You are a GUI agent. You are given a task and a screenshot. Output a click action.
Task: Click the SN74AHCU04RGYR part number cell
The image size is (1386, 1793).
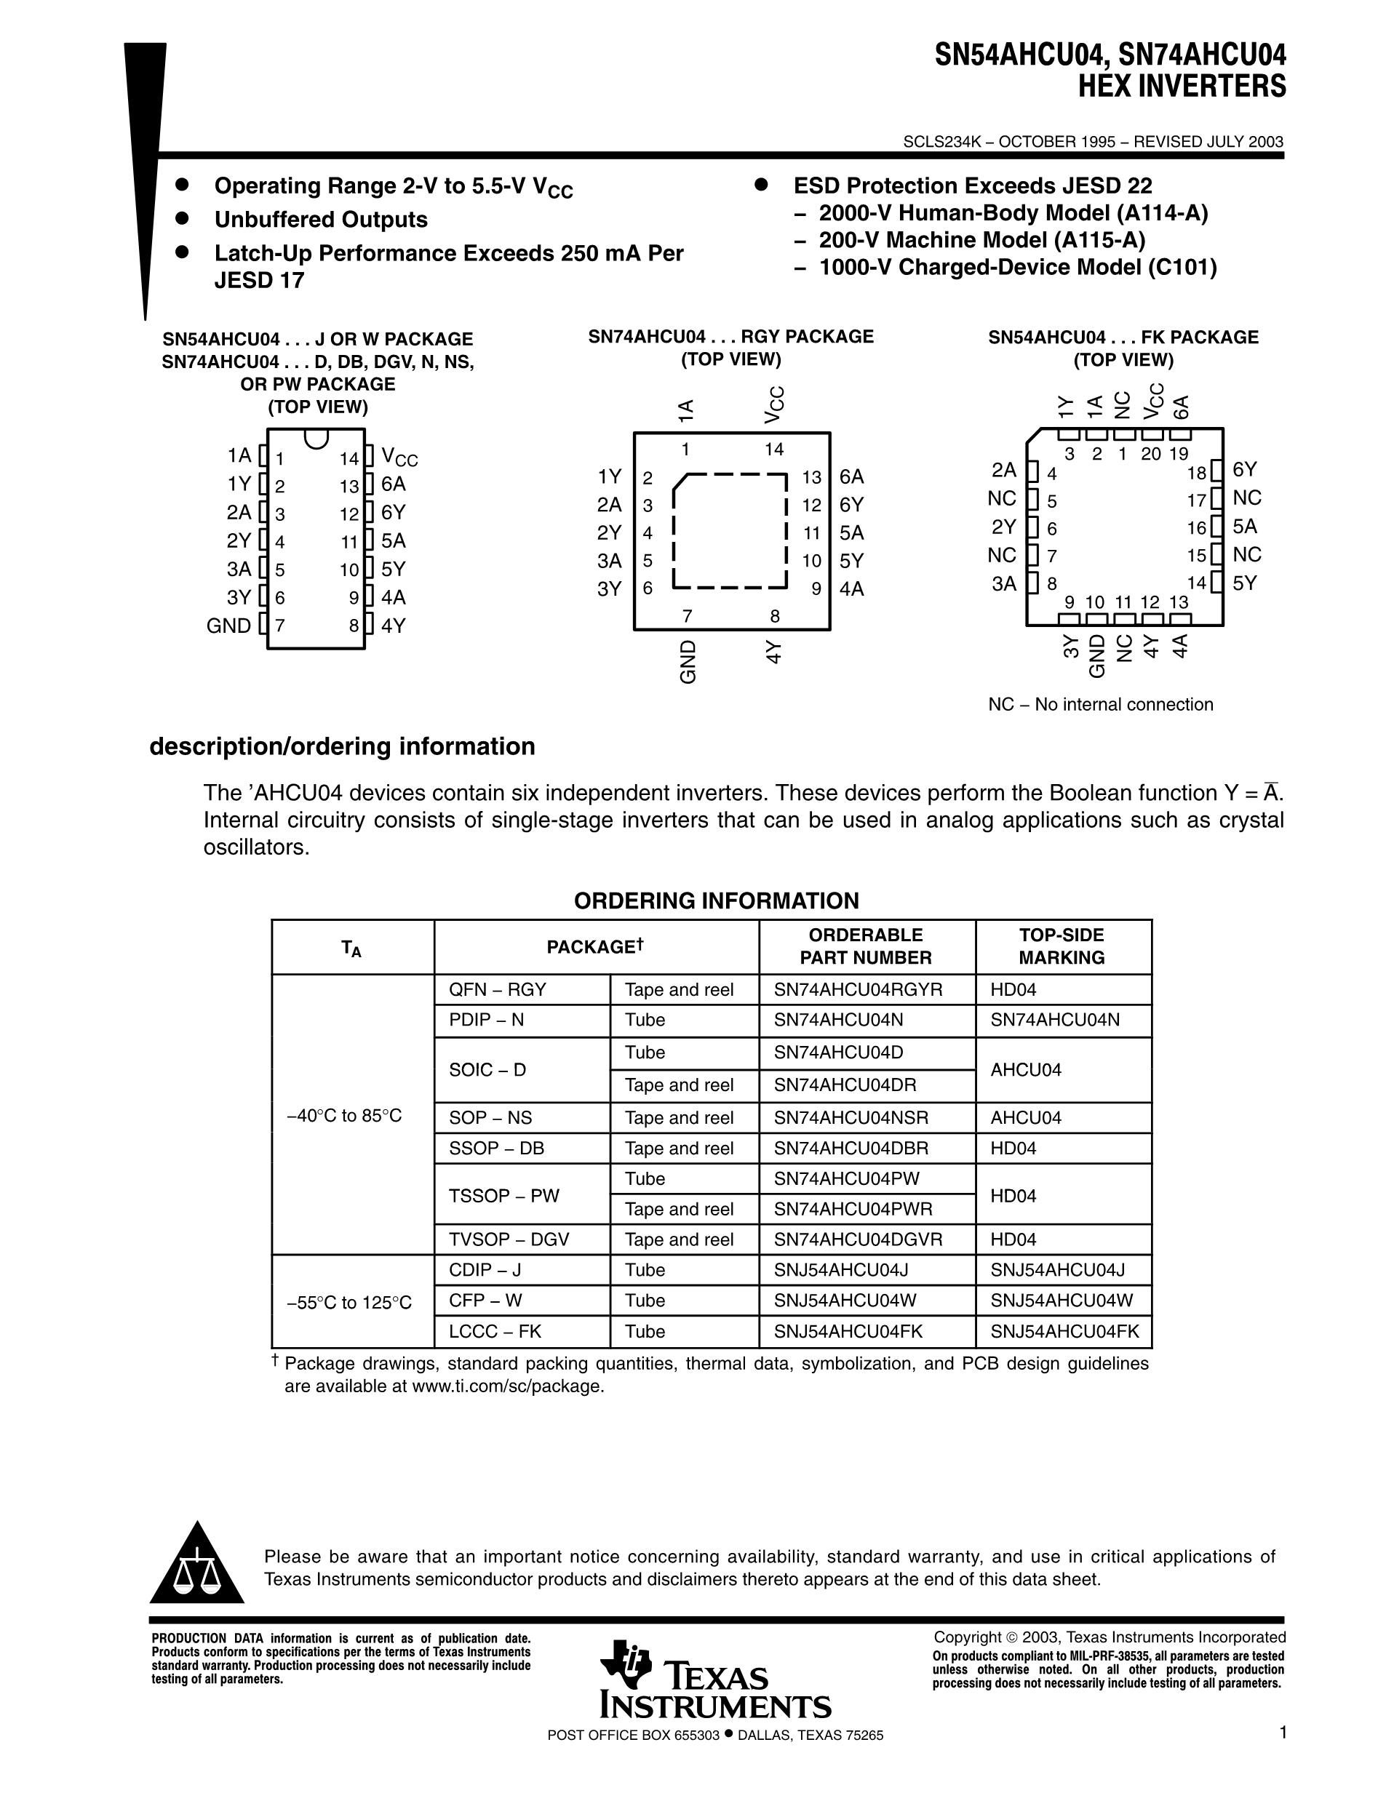coord(858,989)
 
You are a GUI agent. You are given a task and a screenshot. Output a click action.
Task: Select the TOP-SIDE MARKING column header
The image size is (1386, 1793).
coord(1062,946)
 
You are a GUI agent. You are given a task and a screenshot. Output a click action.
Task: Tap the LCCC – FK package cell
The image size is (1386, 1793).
coord(495,1331)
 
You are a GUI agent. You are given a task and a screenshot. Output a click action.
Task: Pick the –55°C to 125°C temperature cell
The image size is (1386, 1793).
coord(350,1302)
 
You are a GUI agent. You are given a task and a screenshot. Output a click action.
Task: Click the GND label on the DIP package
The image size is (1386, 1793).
coord(228,626)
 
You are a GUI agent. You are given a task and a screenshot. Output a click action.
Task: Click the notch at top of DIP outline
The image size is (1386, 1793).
coord(316,438)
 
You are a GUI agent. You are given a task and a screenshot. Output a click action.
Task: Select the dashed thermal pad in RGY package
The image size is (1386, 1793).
coord(730,531)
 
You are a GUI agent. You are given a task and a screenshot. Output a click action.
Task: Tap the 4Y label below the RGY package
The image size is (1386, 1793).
coord(773,652)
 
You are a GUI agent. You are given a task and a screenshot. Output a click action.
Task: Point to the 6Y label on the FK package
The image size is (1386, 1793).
coord(1245,470)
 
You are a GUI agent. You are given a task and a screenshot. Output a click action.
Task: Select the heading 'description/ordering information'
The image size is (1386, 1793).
coord(343,746)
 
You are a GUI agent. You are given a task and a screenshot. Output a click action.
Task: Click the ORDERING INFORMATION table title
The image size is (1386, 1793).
coord(716,901)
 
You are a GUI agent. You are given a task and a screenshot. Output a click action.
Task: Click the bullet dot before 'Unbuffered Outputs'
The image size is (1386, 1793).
coord(183,219)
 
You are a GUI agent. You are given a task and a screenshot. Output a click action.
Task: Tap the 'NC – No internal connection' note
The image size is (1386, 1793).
coord(1100,704)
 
